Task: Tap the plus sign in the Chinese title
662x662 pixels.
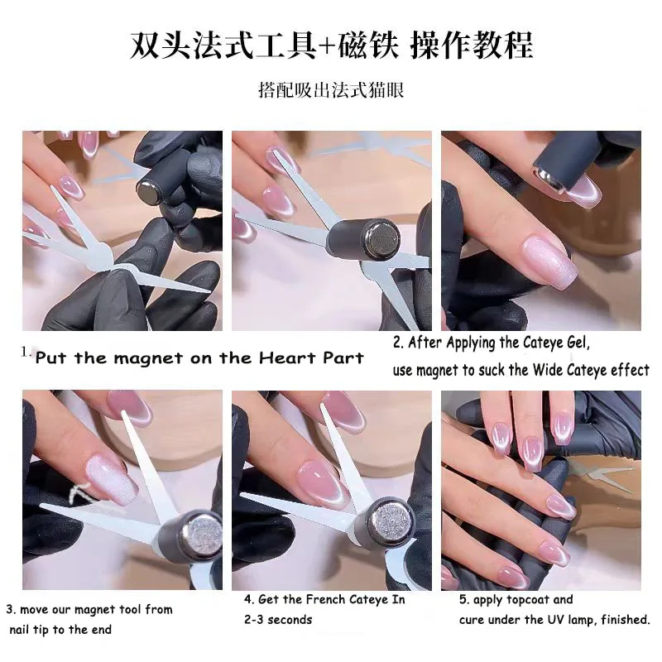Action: (x=325, y=46)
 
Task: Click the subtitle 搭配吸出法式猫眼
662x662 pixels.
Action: (x=331, y=90)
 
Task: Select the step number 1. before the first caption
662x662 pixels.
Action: (x=26, y=352)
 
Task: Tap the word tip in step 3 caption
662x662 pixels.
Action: (x=47, y=629)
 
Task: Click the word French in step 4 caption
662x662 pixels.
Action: (x=315, y=600)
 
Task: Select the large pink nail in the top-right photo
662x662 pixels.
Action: (x=546, y=258)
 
